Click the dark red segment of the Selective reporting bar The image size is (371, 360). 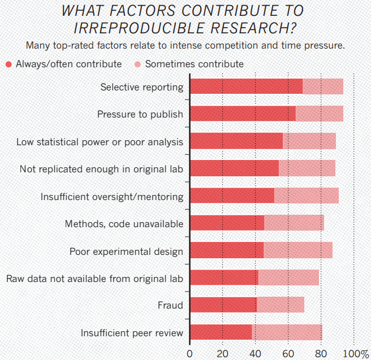pos(246,86)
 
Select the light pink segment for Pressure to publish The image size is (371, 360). pos(320,114)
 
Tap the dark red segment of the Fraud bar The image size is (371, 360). pos(223,305)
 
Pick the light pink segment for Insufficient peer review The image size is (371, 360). pos(287,332)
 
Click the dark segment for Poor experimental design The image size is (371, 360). pos(227,250)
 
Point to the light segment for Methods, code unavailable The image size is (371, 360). pos(294,223)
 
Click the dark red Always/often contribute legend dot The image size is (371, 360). pos(8,64)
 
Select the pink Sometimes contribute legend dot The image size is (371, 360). pos(138,64)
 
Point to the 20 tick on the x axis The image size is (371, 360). pos(222,354)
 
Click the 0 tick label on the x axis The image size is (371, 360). pos(189,354)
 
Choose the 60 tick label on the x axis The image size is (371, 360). pos(288,354)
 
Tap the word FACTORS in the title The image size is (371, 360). pos(139,10)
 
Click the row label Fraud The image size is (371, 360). pos(170,305)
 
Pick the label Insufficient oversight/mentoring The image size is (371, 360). pos(112,196)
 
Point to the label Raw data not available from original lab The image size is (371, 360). pos(94,278)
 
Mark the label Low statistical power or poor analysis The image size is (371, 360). pos(100,141)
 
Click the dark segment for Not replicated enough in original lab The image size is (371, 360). pos(234,168)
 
